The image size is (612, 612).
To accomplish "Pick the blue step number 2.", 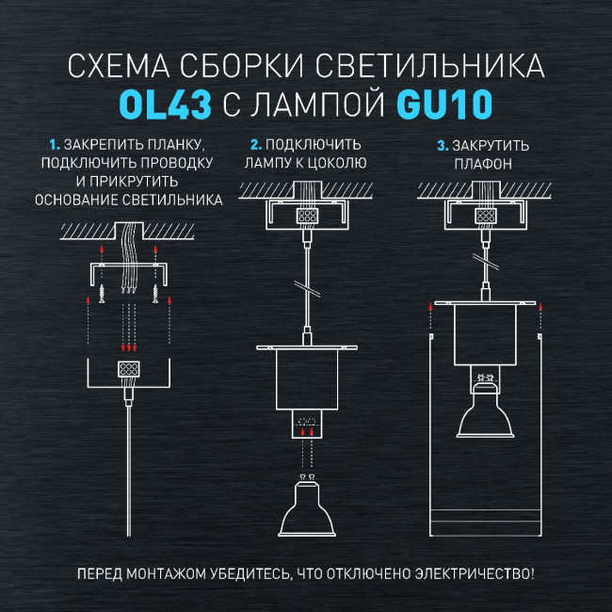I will [x=255, y=146].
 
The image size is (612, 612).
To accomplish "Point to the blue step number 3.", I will [x=442, y=146].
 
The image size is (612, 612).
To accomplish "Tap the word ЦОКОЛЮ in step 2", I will [x=337, y=164].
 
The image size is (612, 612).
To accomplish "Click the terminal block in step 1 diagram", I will [x=128, y=368].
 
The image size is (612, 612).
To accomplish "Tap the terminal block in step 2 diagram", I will [x=307, y=215].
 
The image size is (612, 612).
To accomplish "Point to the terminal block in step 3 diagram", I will [x=486, y=215].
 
